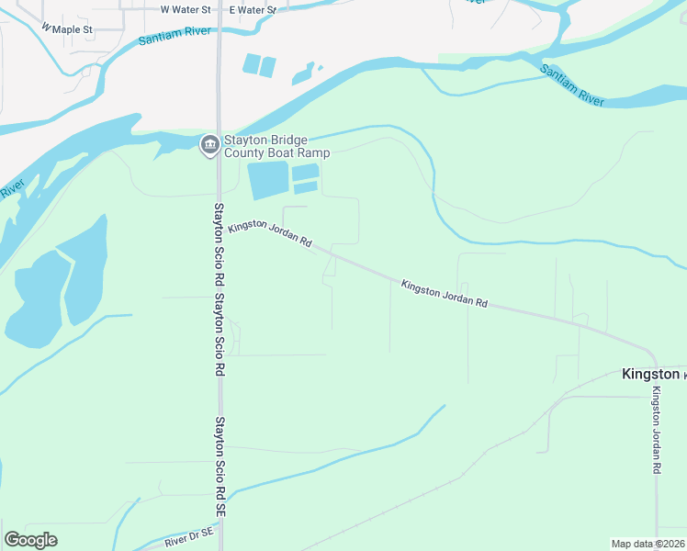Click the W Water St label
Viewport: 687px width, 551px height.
click(186, 9)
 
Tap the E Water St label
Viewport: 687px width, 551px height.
click(253, 9)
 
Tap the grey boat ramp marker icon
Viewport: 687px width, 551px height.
click(208, 145)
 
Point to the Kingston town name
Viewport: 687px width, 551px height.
click(650, 374)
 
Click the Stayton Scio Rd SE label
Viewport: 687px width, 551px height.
click(220, 478)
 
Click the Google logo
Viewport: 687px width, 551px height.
click(30, 540)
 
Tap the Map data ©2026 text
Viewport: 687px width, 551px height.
click(648, 544)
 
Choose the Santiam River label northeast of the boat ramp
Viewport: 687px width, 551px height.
click(571, 85)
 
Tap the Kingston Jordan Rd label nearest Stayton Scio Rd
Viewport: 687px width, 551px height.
click(271, 235)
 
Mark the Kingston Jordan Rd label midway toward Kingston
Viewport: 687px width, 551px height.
click(444, 294)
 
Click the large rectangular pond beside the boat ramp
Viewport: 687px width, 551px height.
click(267, 179)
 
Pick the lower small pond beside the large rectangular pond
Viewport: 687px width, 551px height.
click(305, 187)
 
